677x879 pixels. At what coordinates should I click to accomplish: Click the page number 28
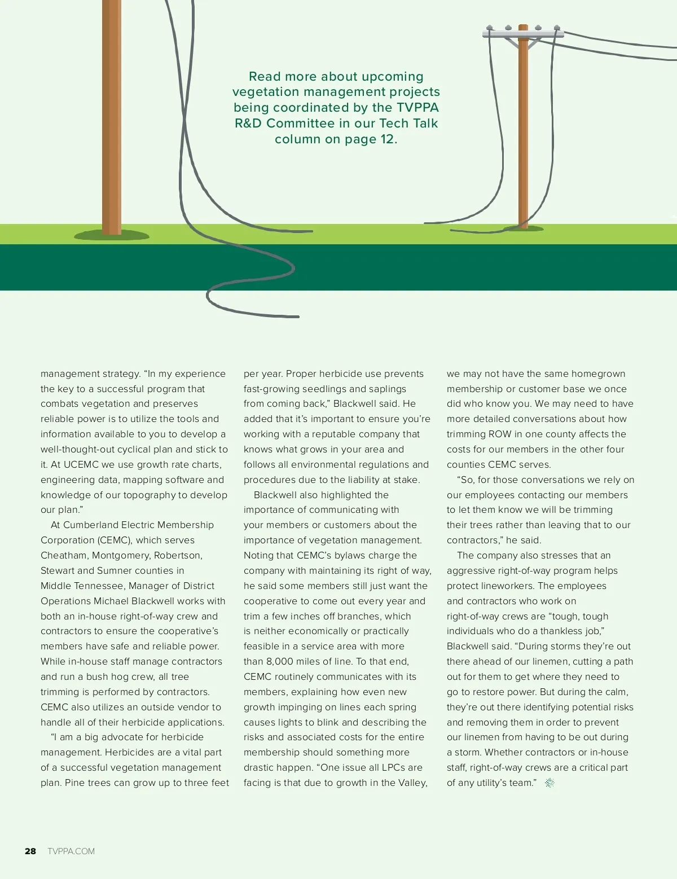pos(30,851)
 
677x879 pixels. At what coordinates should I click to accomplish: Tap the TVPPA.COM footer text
pos(71,851)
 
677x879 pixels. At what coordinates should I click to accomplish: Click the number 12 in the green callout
pos(388,139)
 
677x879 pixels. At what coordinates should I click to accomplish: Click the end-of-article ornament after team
pos(549,783)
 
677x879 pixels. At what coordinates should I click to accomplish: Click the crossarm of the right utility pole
pos(523,34)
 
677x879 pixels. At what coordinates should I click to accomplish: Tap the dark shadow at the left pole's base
pos(112,235)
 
